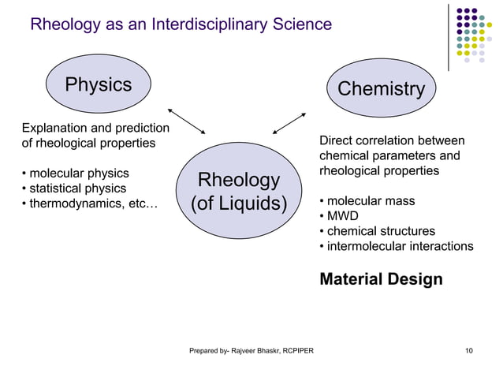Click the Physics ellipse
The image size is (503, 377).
tap(98, 85)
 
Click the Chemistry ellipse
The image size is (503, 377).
tap(381, 89)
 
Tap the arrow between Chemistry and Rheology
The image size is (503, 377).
tap(289, 121)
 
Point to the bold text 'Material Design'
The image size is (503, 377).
tap(381, 279)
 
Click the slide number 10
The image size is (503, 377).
tap(470, 349)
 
